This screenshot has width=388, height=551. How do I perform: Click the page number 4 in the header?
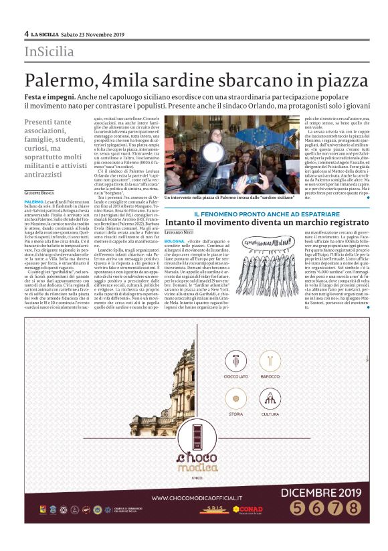26,34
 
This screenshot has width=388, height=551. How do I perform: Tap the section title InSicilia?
49,52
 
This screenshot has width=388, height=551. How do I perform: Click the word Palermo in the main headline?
56,80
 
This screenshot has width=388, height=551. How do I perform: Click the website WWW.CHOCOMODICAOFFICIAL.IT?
207,497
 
